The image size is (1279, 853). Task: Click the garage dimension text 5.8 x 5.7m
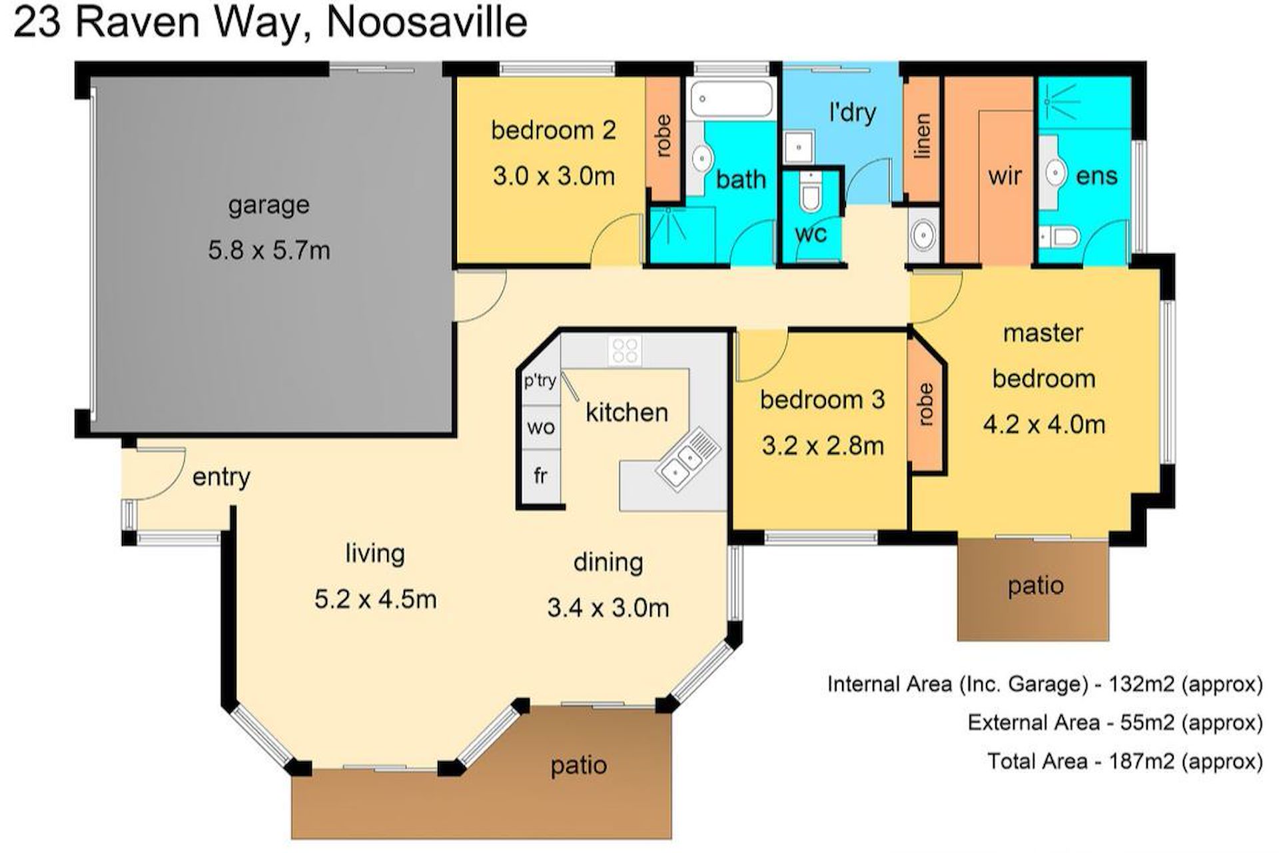[269, 251]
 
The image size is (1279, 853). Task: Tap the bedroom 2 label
[554, 130]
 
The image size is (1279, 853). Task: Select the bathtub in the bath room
[731, 99]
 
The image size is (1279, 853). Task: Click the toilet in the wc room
[811, 192]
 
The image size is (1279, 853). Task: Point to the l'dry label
[853, 112]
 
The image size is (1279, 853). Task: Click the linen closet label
[922, 136]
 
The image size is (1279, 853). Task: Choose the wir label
[1005, 176]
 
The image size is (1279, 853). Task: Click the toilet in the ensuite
[1059, 237]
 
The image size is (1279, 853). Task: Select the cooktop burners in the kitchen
[625, 351]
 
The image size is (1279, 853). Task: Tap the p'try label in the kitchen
[540, 381]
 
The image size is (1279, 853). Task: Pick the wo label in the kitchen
[540, 427]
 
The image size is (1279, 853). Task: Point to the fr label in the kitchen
[540, 475]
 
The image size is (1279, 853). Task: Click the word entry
[221, 477]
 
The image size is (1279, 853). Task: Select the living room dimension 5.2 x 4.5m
[376, 599]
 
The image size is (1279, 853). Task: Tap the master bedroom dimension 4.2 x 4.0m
[1044, 424]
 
